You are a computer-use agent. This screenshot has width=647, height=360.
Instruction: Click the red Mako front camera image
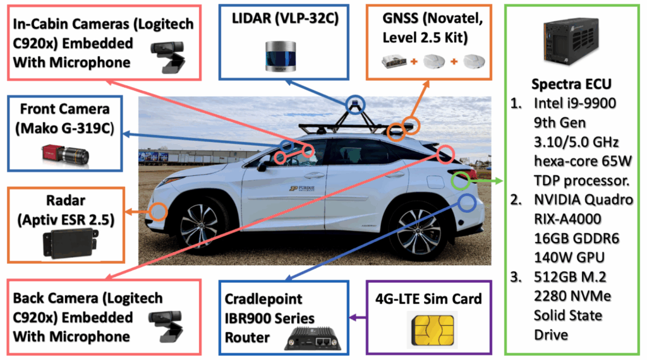point(65,155)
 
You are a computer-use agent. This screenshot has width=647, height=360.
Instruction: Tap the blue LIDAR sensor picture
point(281,56)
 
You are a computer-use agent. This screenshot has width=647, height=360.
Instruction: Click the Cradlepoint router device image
point(313,339)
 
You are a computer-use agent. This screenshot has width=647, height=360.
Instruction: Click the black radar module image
point(70,243)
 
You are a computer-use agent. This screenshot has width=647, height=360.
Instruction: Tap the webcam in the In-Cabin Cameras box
point(168,57)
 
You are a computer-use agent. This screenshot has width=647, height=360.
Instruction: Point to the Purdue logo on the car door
point(302,188)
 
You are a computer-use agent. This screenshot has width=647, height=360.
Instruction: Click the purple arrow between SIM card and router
point(358,318)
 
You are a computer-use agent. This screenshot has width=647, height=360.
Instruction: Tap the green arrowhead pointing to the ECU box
point(499,181)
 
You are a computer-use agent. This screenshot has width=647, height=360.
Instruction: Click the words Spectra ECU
point(571,84)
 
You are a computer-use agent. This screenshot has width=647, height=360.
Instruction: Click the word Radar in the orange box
point(66,200)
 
